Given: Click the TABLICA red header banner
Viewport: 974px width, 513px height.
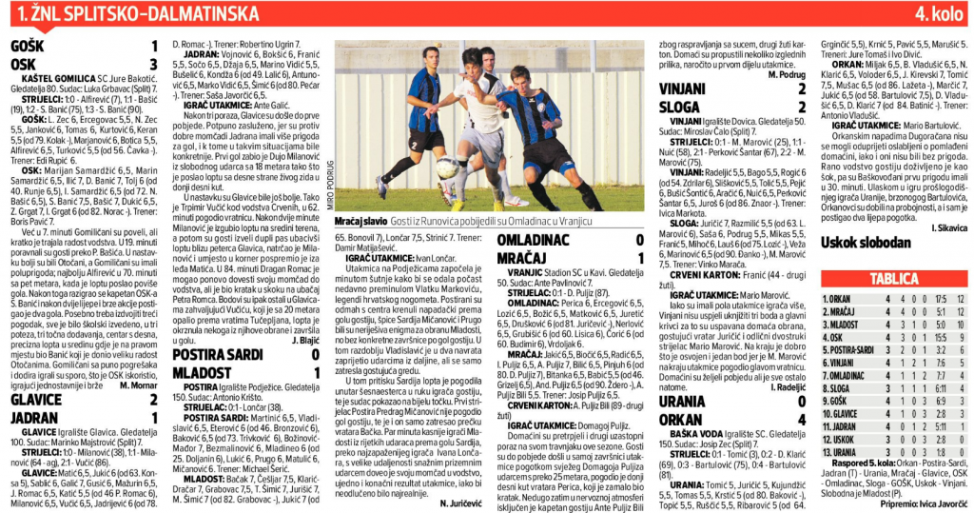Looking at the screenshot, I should (x=893, y=279).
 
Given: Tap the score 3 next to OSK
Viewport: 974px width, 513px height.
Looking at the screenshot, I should (x=154, y=63).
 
